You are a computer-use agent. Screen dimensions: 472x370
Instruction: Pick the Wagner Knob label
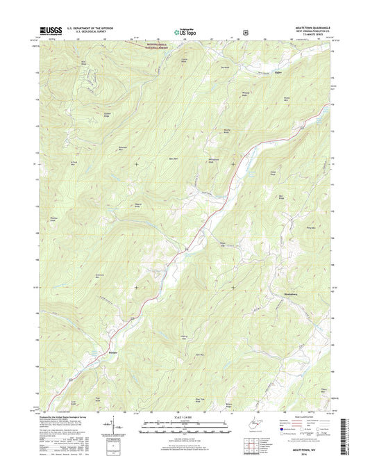coord(137,204)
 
